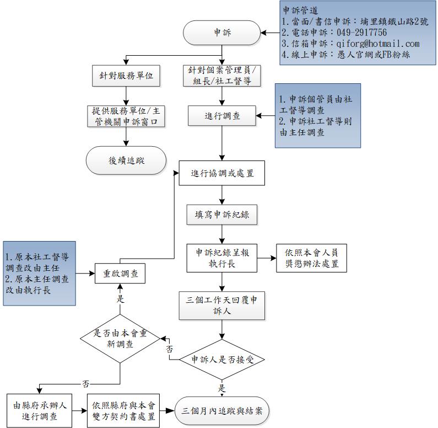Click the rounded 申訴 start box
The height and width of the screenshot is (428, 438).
pyautogui.click(x=222, y=33)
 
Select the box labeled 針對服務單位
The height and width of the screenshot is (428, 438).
pyautogui.click(x=126, y=76)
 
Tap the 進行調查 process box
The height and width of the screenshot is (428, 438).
pyautogui.click(x=221, y=116)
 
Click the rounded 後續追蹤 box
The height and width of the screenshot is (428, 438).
pyautogui.click(x=126, y=160)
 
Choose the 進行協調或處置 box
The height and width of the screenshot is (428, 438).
pyautogui.click(x=221, y=173)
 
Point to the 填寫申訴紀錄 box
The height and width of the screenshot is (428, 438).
pyautogui.click(x=221, y=215)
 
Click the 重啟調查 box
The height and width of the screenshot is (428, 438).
pyautogui.click(x=121, y=273)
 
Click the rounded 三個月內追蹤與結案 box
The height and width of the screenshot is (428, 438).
pyautogui.click(x=221, y=410)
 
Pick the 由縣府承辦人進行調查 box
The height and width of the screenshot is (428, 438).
pyautogui.click(x=40, y=410)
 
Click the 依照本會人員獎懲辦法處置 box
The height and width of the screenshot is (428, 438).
pyautogui.click(x=312, y=258)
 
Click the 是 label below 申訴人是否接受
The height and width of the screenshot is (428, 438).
pyautogui.click(x=222, y=388)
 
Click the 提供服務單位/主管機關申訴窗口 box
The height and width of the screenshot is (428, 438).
pyautogui.click(x=126, y=116)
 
